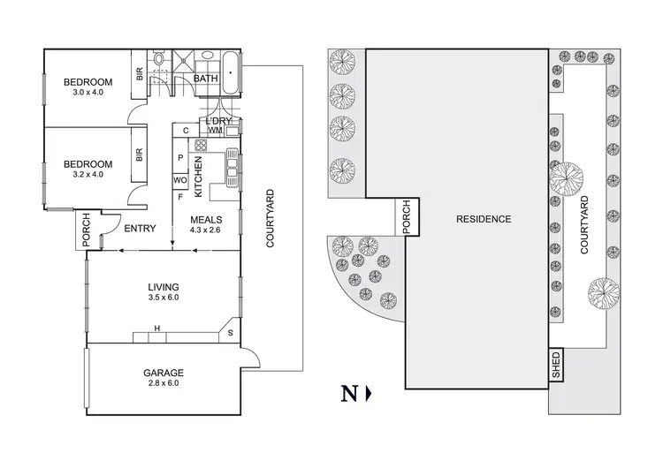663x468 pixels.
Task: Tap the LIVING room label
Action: pos(164,287)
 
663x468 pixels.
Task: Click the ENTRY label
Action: pos(140,229)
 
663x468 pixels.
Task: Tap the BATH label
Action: pos(205,79)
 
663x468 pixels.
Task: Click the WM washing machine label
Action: pos(215,132)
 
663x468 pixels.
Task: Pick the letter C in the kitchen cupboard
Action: pos(185,132)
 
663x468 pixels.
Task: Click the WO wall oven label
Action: pos(180,180)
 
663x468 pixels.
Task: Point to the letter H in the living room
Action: pos(157,329)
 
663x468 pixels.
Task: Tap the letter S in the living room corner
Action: pos(231,333)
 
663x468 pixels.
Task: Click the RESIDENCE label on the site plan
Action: pos(483,218)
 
